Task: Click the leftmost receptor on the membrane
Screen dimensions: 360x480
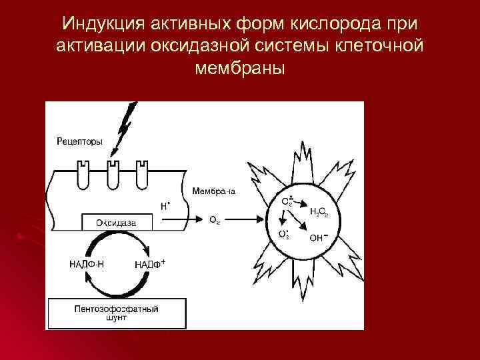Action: [x=83, y=175]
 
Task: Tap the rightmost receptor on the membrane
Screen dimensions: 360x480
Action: [x=141, y=175]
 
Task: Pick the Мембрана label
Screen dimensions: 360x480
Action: [x=213, y=192]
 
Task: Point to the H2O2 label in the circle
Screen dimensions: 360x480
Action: [x=319, y=212]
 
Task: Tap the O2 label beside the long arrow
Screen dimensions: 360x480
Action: [x=214, y=220]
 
